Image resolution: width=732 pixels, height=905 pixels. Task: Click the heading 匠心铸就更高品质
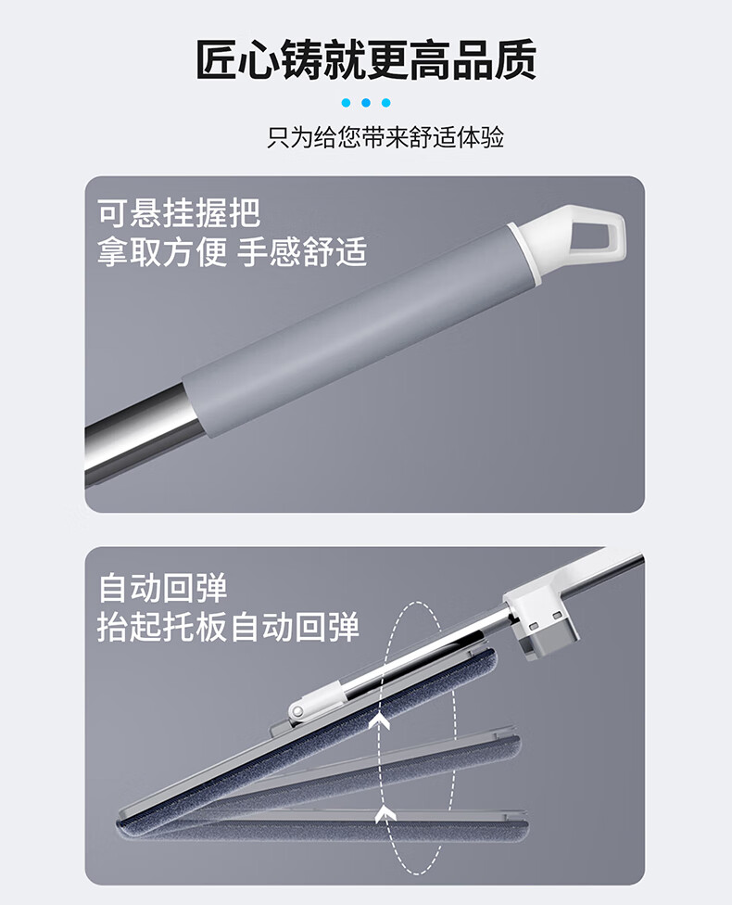[366, 59]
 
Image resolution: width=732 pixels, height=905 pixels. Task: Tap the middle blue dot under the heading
[366, 103]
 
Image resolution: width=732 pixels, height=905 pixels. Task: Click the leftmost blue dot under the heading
[347, 103]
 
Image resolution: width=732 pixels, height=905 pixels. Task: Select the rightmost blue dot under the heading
[385, 103]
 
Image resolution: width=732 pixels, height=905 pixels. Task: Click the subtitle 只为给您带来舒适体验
[385, 137]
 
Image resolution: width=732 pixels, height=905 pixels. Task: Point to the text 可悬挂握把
[179, 213]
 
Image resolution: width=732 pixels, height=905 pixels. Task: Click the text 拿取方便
[162, 252]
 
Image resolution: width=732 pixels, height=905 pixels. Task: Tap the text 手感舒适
[302, 252]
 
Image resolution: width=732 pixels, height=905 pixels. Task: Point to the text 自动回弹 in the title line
[163, 588]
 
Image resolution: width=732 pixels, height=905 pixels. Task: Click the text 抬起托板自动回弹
[229, 627]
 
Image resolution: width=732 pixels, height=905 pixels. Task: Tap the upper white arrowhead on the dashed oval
[380, 720]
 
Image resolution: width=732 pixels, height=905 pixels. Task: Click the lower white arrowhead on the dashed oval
[385, 815]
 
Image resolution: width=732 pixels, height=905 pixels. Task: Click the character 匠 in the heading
[217, 59]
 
